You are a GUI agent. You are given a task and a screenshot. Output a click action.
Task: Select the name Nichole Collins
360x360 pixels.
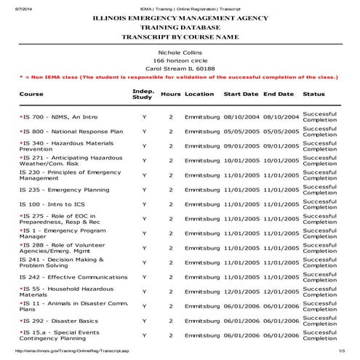[180, 52]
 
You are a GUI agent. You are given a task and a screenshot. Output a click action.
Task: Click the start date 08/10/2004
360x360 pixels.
[241, 116]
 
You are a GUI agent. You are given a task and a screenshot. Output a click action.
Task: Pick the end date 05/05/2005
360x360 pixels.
[281, 132]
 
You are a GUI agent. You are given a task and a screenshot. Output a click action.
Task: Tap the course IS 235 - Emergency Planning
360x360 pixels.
[64, 189]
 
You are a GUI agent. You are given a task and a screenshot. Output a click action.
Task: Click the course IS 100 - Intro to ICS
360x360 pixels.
[52, 204]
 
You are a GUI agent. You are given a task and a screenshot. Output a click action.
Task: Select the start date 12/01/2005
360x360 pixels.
[241, 292]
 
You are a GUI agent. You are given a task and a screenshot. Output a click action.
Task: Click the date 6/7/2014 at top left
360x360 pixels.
[13, 4]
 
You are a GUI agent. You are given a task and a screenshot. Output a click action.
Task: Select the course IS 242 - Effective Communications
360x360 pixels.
[73, 277]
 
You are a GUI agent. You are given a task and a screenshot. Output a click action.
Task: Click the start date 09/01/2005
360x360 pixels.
[241, 145]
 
